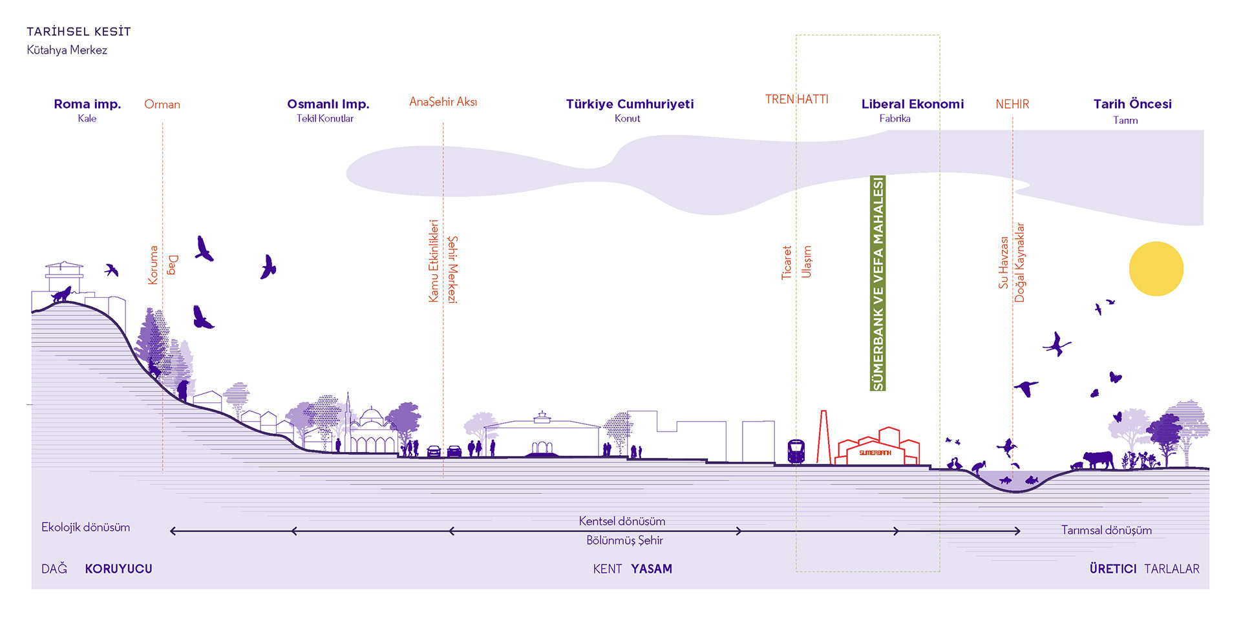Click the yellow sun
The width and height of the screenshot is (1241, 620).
[x=1156, y=269]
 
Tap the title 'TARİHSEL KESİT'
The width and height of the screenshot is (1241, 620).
[x=78, y=32]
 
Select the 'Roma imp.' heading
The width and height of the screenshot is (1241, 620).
[x=87, y=104]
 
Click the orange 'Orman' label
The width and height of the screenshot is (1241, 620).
[x=162, y=105]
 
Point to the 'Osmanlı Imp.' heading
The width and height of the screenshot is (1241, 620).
[x=328, y=104]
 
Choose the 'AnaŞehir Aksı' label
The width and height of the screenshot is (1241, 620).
[x=443, y=102]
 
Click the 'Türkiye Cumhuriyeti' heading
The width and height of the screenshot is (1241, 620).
[x=630, y=104]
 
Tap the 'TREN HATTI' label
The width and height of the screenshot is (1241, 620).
[x=796, y=99]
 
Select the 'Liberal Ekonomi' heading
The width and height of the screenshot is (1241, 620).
[x=912, y=104]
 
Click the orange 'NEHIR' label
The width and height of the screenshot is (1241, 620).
[x=1012, y=105]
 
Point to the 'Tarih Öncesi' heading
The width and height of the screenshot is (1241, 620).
[x=1132, y=104]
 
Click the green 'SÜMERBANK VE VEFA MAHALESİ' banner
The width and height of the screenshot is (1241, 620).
[x=878, y=283]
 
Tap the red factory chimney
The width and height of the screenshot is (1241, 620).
[x=823, y=437]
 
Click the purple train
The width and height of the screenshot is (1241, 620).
[x=796, y=451]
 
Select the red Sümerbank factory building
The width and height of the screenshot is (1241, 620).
[x=878, y=447]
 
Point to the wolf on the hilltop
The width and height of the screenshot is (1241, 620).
[x=62, y=295]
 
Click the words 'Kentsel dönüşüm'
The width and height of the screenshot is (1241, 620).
[x=622, y=521]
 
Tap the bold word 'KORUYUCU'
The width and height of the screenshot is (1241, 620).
[x=118, y=569]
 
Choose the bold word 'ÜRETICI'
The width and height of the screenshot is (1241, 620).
[x=1112, y=569]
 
